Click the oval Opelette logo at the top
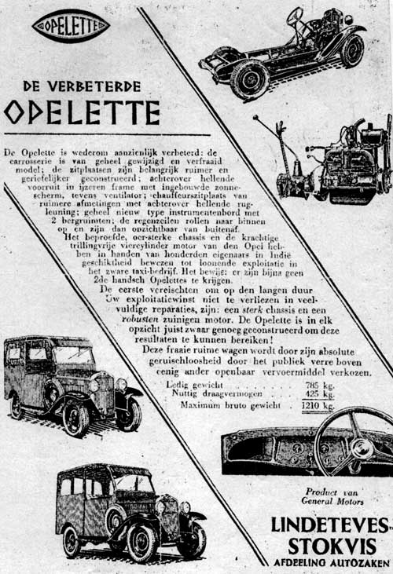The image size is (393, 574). [x=70, y=25]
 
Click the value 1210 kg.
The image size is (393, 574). [x=318, y=407]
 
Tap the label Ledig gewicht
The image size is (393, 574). [x=194, y=384]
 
